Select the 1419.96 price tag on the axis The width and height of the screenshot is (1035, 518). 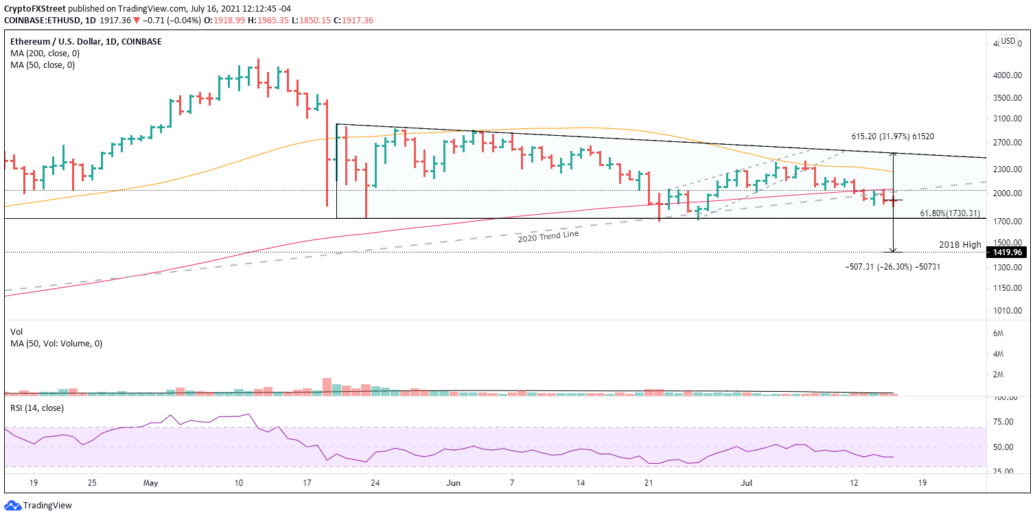click(x=1005, y=252)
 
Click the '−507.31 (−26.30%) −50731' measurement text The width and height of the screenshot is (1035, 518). click(x=892, y=266)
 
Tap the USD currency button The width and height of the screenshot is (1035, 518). click(x=1008, y=41)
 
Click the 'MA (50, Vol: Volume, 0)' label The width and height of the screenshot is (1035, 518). click(x=56, y=343)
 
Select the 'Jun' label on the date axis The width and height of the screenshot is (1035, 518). click(x=454, y=482)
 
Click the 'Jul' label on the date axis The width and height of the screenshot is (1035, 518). click(x=747, y=482)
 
